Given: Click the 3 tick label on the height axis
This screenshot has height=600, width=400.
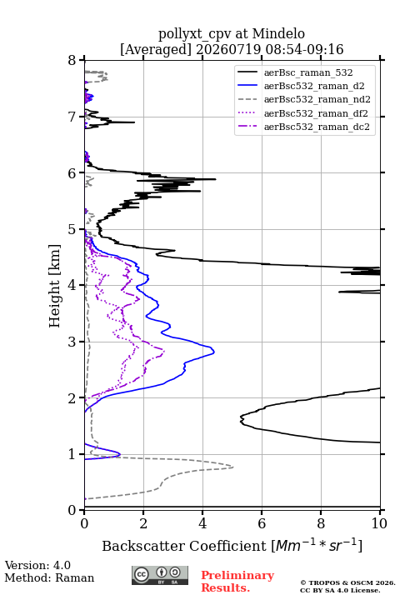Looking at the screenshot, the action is [x=72, y=342].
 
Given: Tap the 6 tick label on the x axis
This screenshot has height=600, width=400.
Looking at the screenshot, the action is [x=262, y=523].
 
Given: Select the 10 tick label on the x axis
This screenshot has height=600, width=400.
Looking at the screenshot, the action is [x=379, y=523].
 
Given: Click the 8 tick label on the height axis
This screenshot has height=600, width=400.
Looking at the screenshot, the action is [x=72, y=61].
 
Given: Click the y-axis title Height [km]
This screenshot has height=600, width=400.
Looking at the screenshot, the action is [x=55, y=286].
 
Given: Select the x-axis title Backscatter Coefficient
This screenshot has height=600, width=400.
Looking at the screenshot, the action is [x=183, y=546].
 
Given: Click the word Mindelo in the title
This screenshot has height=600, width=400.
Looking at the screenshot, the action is [x=278, y=34].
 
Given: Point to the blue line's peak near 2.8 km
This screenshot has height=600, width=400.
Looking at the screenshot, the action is [x=214, y=352].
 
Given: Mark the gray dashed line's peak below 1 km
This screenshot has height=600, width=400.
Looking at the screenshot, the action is [x=232, y=467].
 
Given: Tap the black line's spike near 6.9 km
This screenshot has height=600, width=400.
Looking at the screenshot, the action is [x=134, y=122].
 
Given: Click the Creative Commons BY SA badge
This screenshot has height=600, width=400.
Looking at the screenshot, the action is [x=160, y=576].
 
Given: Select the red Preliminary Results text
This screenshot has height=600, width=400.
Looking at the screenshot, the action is [x=237, y=582].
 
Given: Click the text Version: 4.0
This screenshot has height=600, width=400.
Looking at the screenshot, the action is [x=37, y=565].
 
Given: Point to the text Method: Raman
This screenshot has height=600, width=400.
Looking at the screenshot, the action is [x=49, y=577].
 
